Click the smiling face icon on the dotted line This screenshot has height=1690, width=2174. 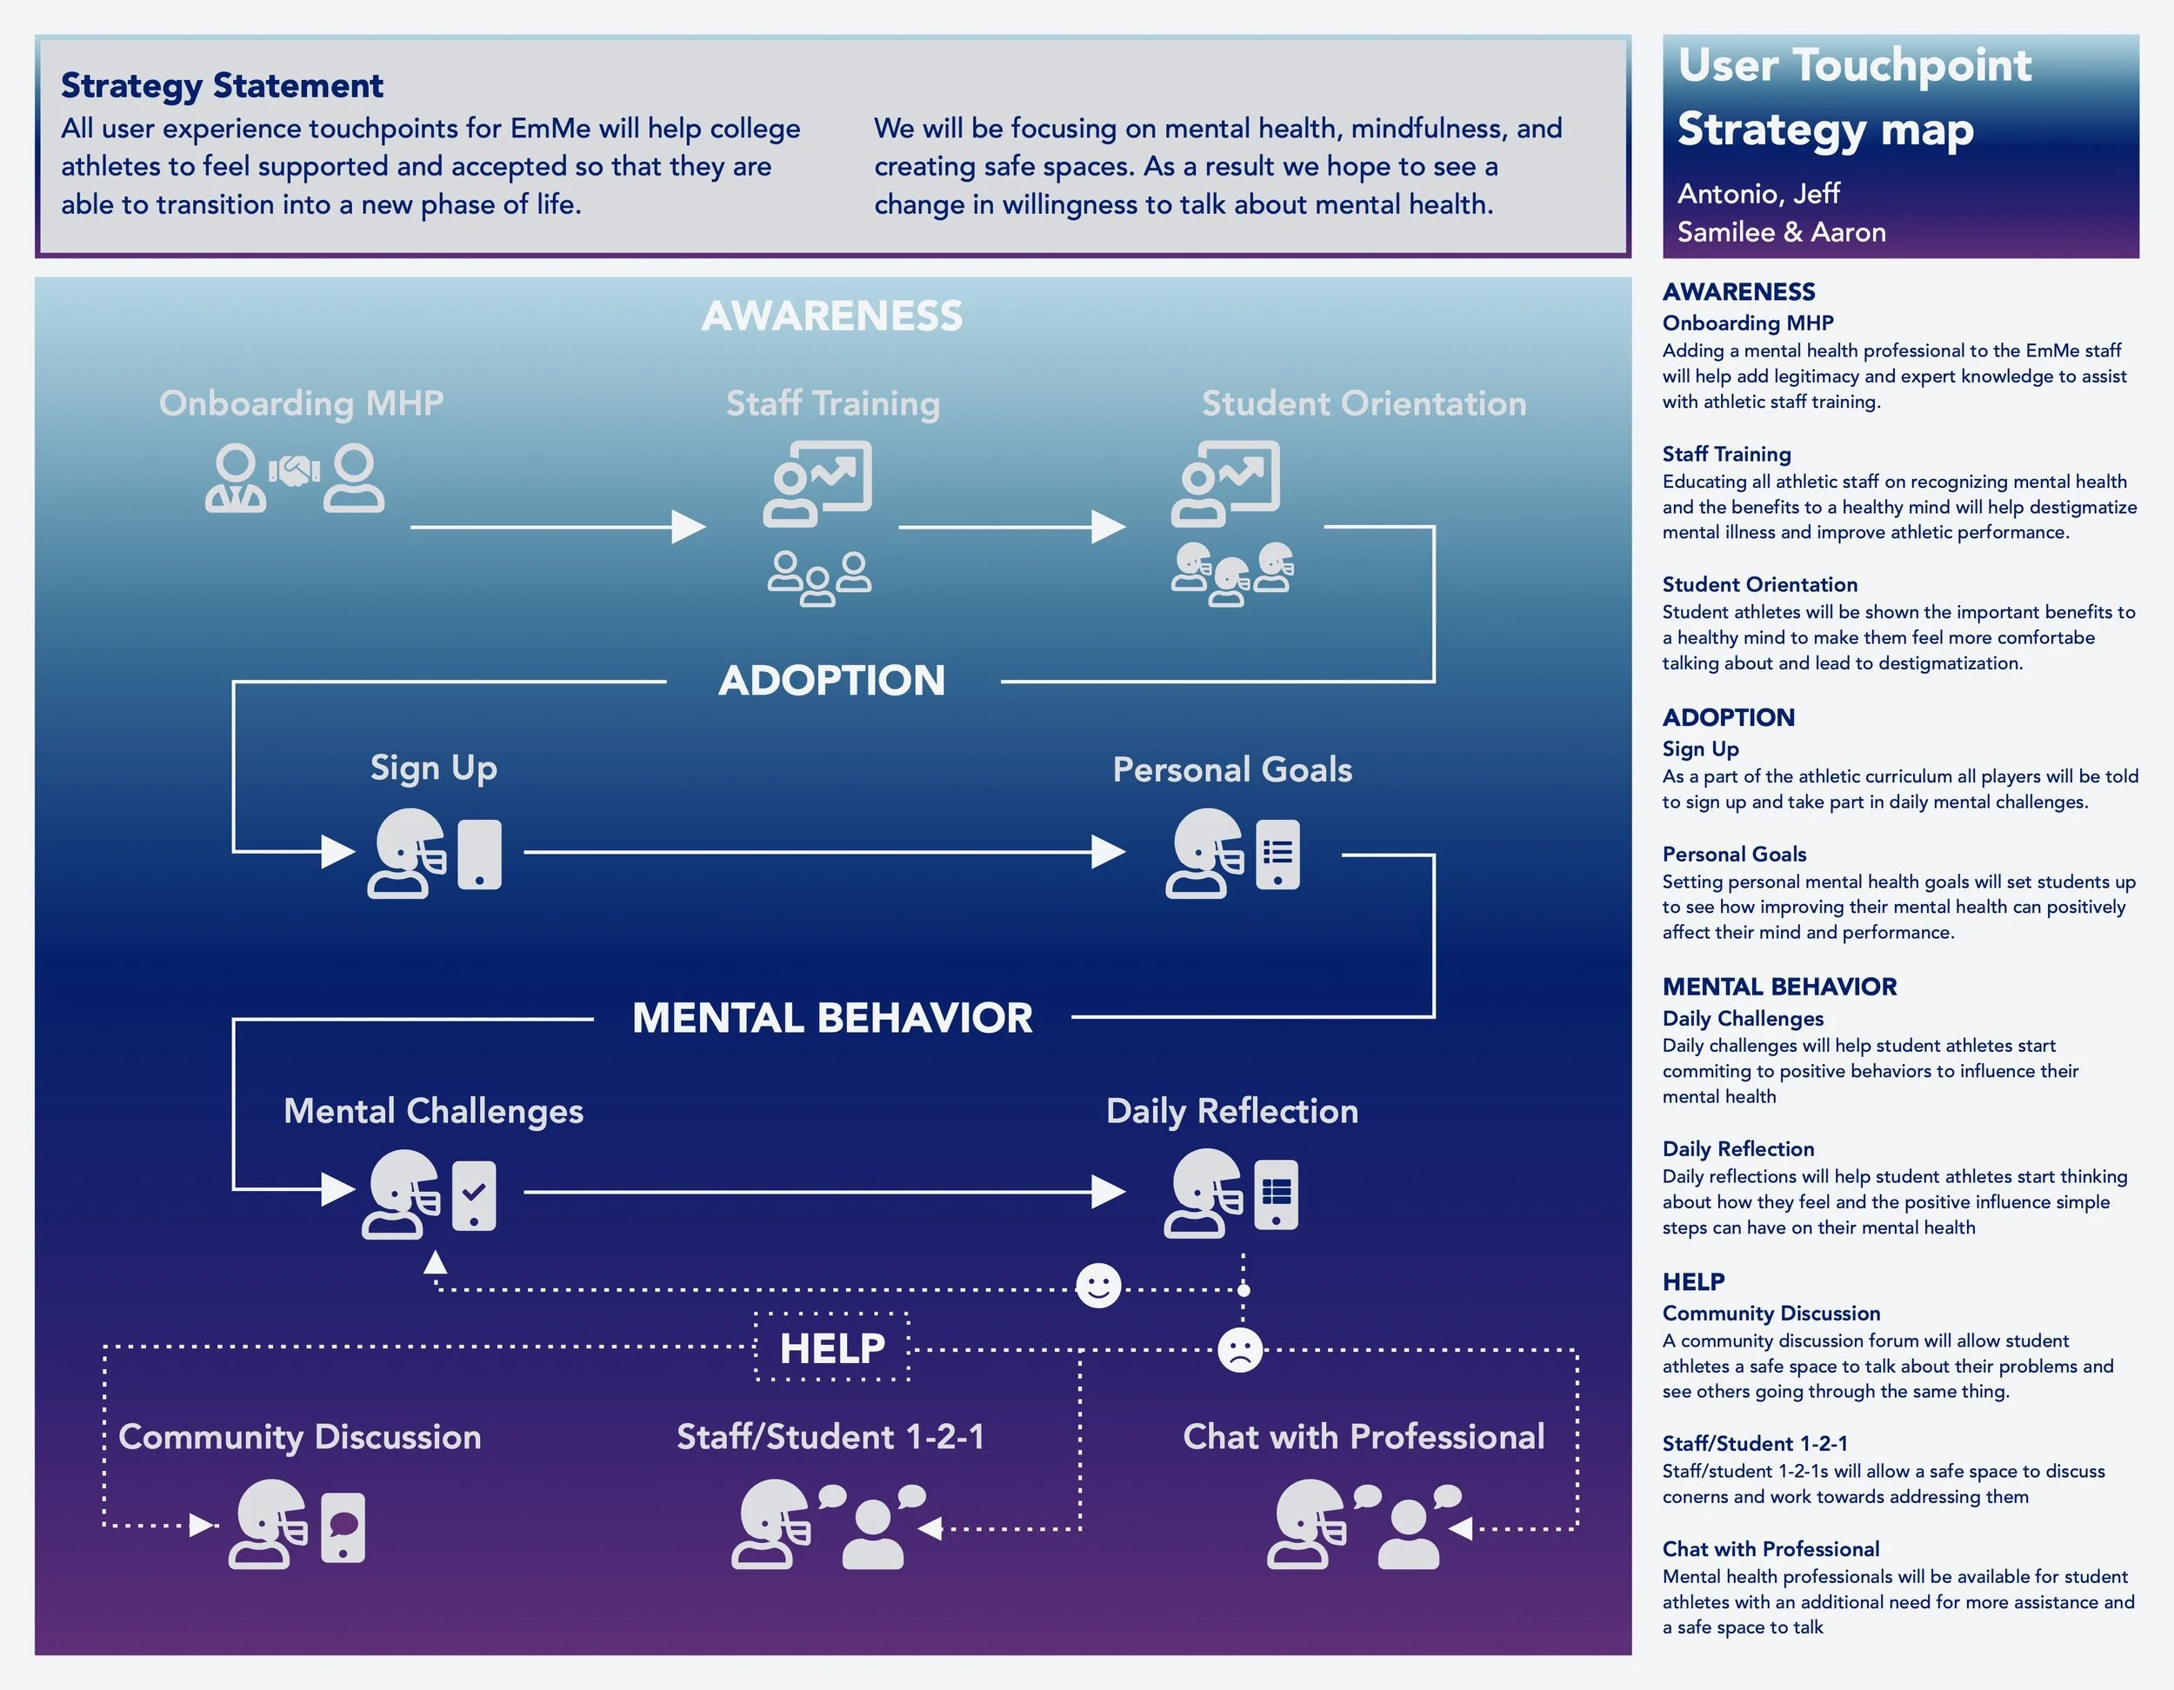(x=1098, y=1287)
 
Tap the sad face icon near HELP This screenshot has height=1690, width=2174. (x=1240, y=1351)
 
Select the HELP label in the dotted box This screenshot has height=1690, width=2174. (x=832, y=1348)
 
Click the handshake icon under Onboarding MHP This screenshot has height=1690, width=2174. (x=295, y=471)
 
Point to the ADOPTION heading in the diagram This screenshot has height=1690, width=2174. (x=832, y=681)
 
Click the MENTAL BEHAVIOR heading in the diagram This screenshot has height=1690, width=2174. (x=832, y=1018)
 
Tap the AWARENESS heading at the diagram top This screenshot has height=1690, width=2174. (x=832, y=316)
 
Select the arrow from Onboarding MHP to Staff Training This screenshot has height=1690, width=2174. (x=557, y=527)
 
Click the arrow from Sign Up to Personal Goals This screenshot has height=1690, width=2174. (x=824, y=852)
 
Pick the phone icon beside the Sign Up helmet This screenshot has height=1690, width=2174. (x=479, y=854)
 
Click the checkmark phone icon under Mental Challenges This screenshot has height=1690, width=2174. (x=474, y=1194)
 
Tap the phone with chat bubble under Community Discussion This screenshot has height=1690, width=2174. (x=343, y=1527)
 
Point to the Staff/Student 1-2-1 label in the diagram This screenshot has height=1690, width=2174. (x=831, y=1436)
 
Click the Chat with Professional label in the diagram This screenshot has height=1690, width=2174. (x=1364, y=1436)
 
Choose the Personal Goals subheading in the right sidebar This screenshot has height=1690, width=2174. (x=1734, y=854)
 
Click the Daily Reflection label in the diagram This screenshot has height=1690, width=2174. (x=1232, y=1111)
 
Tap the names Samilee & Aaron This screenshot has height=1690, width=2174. (x=1781, y=232)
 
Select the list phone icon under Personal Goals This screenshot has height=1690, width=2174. (x=1278, y=854)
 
